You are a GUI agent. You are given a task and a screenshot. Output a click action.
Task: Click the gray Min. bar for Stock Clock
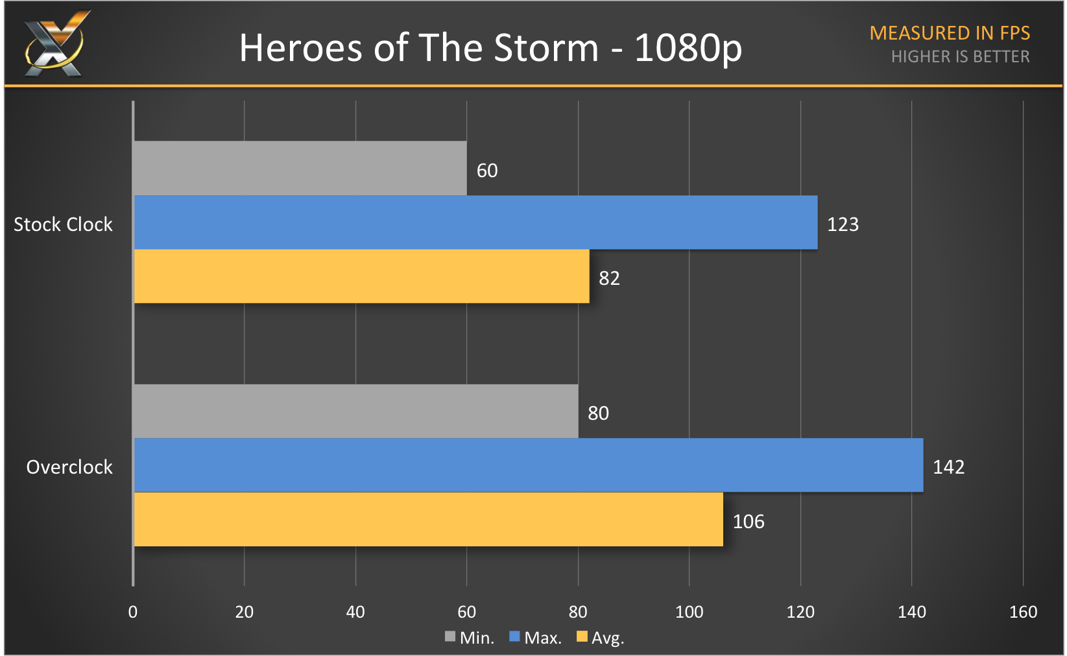(300, 168)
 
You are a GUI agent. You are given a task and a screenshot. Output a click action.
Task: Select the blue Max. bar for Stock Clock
(475, 223)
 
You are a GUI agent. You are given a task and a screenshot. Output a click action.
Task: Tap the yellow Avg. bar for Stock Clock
(361, 276)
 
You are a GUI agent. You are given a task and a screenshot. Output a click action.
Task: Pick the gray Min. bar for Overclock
(355, 411)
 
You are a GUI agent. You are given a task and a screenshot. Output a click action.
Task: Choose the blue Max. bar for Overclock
(528, 465)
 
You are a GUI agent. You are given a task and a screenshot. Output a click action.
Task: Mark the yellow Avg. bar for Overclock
(428, 520)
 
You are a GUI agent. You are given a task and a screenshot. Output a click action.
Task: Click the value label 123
(843, 225)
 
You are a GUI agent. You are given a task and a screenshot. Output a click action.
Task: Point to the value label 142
(948, 467)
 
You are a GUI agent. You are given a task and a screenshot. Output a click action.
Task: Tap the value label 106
(749, 522)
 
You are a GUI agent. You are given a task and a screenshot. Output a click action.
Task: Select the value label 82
(609, 278)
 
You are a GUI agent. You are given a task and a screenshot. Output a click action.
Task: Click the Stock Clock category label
(63, 225)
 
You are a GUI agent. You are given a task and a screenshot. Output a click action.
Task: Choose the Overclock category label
(69, 467)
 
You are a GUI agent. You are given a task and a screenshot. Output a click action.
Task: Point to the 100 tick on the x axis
(689, 612)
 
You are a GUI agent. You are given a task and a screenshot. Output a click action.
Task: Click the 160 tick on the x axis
(1023, 612)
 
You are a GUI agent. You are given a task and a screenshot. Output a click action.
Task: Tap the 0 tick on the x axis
(133, 612)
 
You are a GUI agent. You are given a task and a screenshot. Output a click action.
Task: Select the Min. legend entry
(470, 638)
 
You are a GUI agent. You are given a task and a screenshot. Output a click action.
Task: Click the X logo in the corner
(54, 44)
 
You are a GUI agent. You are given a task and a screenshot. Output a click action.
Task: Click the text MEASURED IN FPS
(950, 33)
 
